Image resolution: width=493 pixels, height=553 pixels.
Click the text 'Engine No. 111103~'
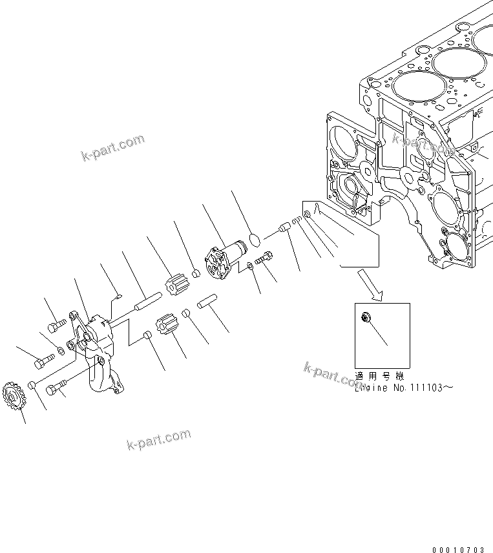pyautogui.click(x=400, y=388)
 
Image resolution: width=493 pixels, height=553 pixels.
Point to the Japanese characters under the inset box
pyautogui.click(x=379, y=377)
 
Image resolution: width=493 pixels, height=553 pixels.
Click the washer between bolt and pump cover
pyautogui.click(x=249, y=266)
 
